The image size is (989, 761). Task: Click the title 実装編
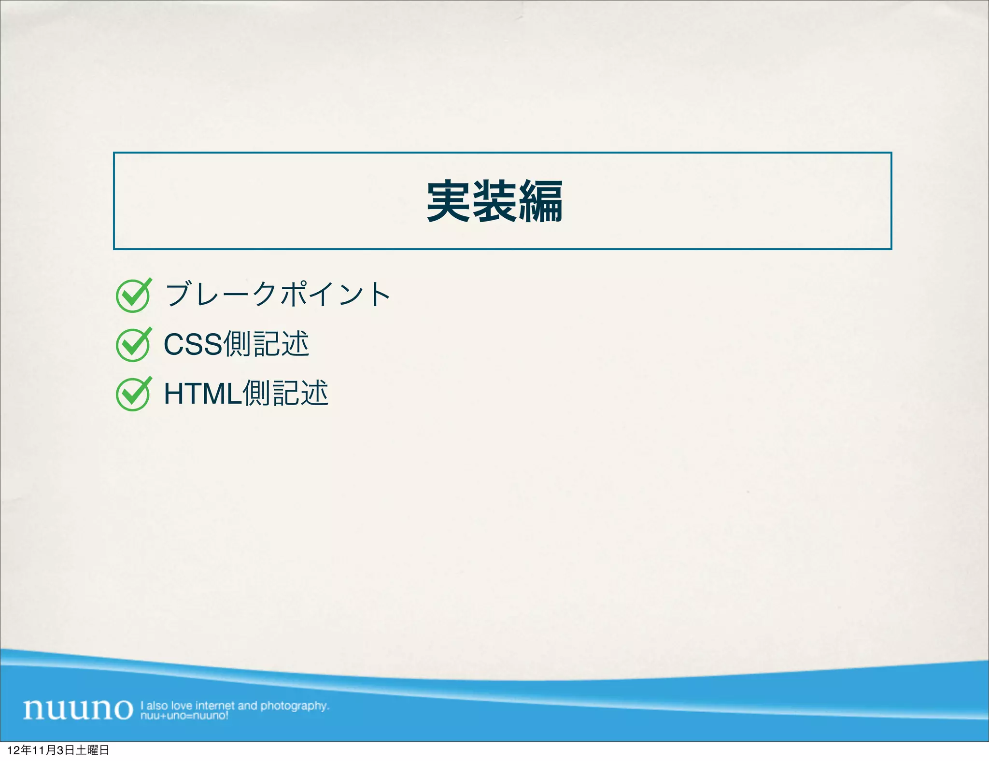tap(494, 201)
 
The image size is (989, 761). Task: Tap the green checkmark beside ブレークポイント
tap(133, 296)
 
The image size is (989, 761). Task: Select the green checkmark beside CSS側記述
tap(133, 345)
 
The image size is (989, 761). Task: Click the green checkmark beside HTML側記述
tap(133, 394)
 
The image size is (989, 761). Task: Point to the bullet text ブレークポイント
tap(278, 294)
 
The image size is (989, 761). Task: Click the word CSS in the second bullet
tap(193, 344)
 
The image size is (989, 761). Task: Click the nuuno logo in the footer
tap(78, 709)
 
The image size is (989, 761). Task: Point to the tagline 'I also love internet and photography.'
tap(235, 705)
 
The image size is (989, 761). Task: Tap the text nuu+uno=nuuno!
tap(184, 716)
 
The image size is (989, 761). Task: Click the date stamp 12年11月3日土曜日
tap(58, 750)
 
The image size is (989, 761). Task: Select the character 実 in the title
tap(449, 201)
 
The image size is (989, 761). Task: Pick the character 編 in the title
tap(541, 201)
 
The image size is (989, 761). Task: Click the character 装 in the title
tap(494, 201)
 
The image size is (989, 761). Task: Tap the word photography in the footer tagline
tap(294, 705)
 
